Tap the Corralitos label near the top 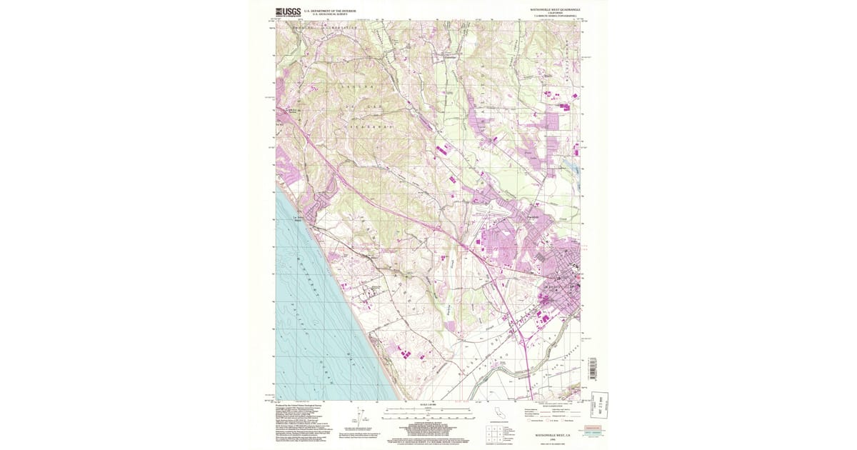click(451, 57)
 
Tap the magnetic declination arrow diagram click(359, 417)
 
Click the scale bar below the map click(428, 413)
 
